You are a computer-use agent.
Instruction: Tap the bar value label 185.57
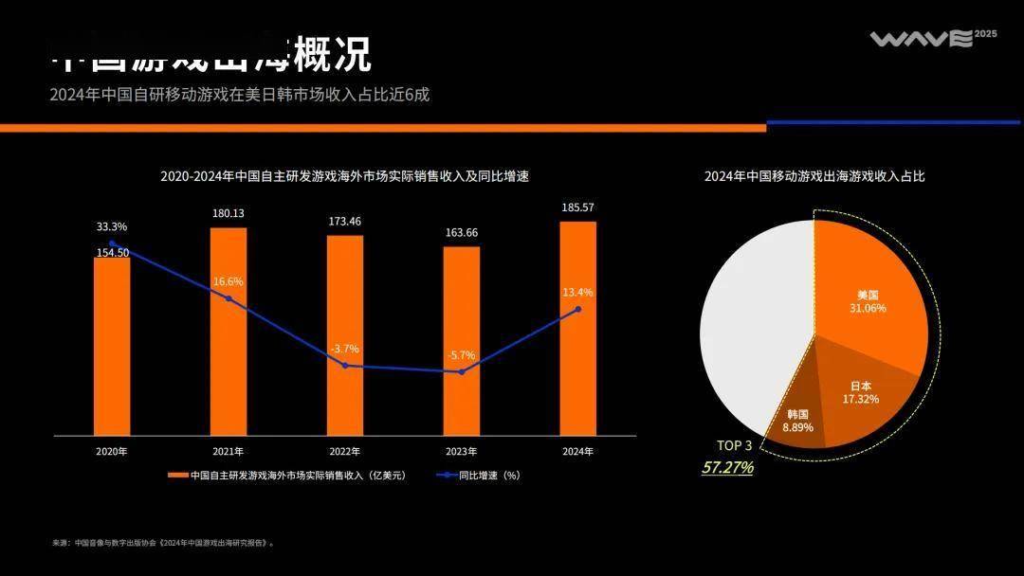(x=578, y=207)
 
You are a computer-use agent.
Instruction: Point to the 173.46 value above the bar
(x=345, y=222)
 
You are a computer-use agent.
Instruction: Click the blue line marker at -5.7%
(x=462, y=371)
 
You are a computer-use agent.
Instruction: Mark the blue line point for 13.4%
(x=577, y=309)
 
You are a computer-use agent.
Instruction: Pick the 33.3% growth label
(x=111, y=227)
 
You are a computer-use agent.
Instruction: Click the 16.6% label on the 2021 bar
(x=228, y=281)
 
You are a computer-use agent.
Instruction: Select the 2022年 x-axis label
(x=345, y=452)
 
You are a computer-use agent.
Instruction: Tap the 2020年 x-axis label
(x=111, y=452)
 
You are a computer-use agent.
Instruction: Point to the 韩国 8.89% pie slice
(x=798, y=423)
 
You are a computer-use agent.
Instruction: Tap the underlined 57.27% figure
(x=727, y=467)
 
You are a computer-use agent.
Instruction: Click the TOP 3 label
(x=734, y=446)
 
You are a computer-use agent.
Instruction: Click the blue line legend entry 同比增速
(x=478, y=476)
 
